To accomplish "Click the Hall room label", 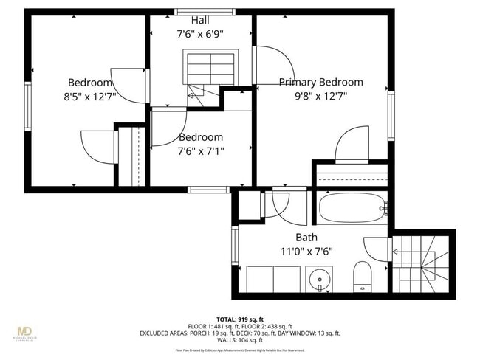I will click(x=199, y=20).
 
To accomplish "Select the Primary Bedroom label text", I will click(x=320, y=83).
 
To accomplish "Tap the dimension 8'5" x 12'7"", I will click(x=90, y=96).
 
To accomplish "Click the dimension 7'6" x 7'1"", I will click(x=200, y=150).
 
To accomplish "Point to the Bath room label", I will click(x=306, y=238).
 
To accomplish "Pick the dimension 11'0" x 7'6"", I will click(x=306, y=251).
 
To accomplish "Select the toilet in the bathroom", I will click(x=362, y=276).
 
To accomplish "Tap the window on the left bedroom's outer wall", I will click(x=29, y=107).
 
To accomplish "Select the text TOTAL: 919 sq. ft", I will click(x=240, y=319).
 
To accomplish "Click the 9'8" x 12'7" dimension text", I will click(x=320, y=96).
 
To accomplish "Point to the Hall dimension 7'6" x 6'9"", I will click(x=199, y=33).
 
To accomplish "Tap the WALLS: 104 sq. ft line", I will click(x=240, y=340).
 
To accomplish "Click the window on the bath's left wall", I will click(x=236, y=248).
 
